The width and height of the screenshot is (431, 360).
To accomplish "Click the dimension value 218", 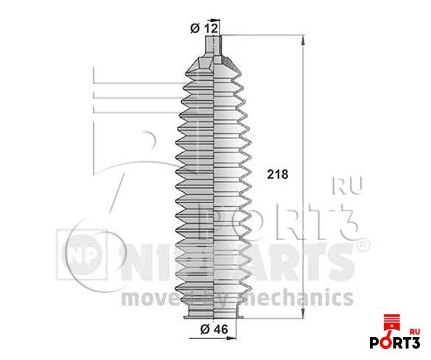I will pos(276,175).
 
